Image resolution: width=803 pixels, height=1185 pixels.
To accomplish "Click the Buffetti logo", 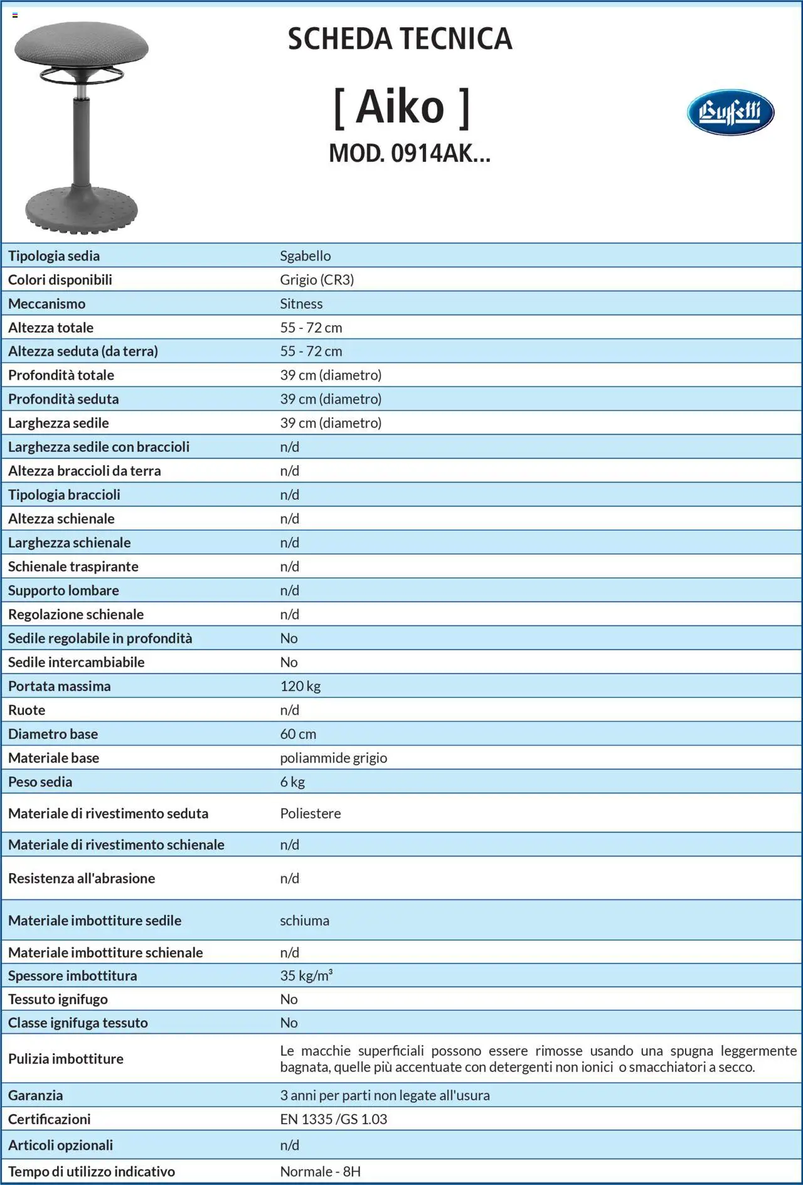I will (730, 112).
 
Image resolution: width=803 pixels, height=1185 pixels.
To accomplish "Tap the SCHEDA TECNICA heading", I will (400, 39).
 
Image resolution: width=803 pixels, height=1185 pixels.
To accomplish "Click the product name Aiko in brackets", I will (401, 107).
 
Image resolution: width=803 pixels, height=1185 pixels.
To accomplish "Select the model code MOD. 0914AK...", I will (409, 153).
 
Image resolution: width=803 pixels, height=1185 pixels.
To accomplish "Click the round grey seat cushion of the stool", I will (82, 44).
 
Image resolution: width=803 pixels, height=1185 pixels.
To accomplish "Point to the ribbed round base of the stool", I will (82, 210).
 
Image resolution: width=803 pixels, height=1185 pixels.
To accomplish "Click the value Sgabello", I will (306, 256).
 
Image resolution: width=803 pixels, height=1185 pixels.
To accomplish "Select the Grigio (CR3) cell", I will (317, 280).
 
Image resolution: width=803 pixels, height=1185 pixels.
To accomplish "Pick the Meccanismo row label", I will (47, 304).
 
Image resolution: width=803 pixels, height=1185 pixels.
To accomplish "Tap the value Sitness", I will (301, 304).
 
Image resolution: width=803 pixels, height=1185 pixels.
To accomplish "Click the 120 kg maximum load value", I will (300, 686).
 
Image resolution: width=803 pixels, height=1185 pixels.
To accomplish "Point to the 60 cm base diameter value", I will (298, 734).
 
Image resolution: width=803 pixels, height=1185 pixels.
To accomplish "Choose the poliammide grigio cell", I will (334, 758).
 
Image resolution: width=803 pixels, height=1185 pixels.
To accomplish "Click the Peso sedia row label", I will (40, 782).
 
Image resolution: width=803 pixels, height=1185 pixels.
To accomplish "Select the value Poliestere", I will (311, 813).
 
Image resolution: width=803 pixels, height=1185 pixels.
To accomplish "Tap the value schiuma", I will (304, 921).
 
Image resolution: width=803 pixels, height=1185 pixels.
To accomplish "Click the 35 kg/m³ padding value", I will (306, 976).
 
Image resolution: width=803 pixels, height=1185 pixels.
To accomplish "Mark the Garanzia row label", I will (36, 1095).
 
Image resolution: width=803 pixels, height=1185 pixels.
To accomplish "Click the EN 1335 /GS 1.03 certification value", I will (334, 1119).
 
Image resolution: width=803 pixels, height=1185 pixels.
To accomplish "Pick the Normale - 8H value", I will (320, 1171).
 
